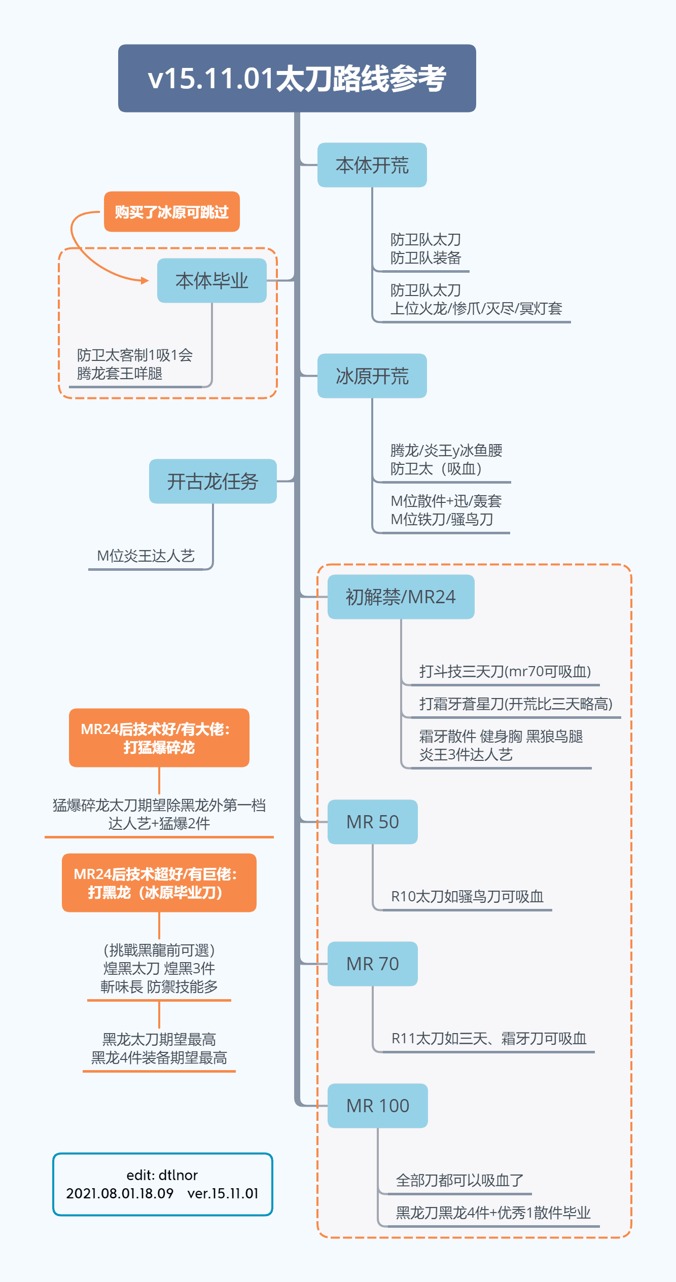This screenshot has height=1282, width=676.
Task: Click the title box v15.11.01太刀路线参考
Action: [297, 78]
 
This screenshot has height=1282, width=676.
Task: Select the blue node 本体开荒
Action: [372, 165]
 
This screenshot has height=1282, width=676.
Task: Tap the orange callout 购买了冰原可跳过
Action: [171, 212]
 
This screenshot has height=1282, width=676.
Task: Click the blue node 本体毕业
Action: [211, 281]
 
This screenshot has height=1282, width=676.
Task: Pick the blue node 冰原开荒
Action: [372, 376]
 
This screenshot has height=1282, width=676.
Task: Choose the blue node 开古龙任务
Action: [212, 482]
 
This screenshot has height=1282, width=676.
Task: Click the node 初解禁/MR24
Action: [401, 597]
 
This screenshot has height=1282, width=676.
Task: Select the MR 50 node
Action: [372, 822]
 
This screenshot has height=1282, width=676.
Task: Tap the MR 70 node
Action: [372, 964]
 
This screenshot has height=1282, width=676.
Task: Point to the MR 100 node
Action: [377, 1106]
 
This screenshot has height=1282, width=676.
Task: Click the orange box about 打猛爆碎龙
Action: [159, 738]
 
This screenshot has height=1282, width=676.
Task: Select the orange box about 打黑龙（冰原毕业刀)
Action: [159, 883]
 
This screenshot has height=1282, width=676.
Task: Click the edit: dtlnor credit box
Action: [162, 1185]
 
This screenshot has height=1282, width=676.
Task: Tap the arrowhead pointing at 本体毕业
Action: [145, 280]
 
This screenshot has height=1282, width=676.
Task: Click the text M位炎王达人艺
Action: [146, 556]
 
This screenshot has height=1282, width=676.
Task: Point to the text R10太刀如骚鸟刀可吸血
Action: [467, 897]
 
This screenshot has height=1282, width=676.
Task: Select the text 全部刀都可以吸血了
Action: [459, 1181]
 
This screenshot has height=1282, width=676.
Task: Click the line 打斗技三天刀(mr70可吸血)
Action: [505, 672]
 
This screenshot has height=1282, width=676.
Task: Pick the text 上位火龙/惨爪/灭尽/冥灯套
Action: [476, 309]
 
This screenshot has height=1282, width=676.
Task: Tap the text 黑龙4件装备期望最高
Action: [159, 1058]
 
